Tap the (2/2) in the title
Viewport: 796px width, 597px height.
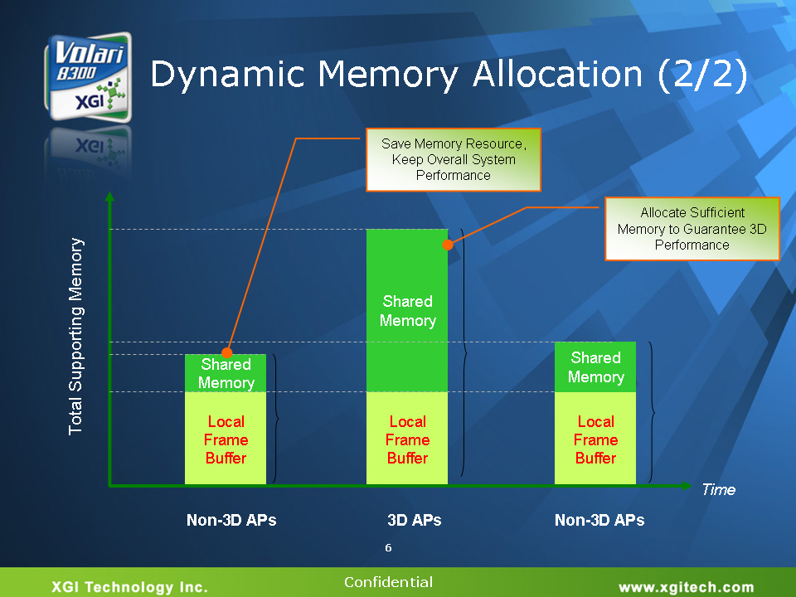click(702, 75)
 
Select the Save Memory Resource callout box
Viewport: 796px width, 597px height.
click(454, 159)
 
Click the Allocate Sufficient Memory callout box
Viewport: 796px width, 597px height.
click(692, 229)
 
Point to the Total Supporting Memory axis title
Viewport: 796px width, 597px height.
click(76, 336)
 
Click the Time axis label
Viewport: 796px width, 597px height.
click(718, 489)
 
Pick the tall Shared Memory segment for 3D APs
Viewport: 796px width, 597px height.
click(407, 310)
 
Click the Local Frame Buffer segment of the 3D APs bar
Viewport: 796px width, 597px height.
click(407, 439)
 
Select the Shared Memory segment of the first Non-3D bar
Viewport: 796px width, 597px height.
click(226, 373)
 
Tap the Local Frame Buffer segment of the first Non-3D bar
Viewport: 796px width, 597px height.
click(226, 439)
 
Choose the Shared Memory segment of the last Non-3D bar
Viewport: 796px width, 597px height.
click(595, 367)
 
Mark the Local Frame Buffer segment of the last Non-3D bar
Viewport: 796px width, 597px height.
click(595, 439)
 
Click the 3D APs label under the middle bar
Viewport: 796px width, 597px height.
click(414, 521)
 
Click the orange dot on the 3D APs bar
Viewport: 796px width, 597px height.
click(448, 245)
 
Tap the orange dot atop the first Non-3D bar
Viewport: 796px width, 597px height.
click(227, 354)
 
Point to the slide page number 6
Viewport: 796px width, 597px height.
click(388, 548)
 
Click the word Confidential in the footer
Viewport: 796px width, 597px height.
click(388, 582)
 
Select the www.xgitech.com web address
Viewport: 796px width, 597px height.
click(687, 587)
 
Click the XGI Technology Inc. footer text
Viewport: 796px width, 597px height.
click(130, 587)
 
